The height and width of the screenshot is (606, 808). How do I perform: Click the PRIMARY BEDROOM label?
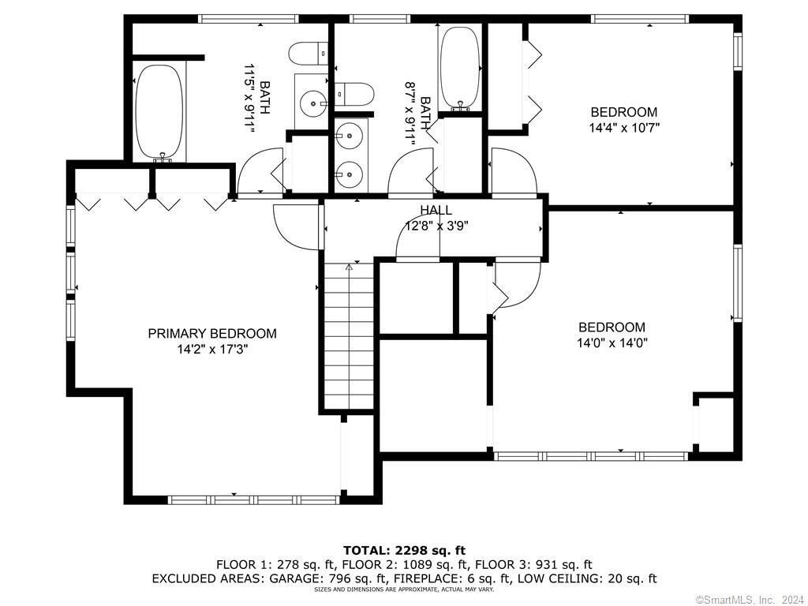pyautogui.click(x=212, y=334)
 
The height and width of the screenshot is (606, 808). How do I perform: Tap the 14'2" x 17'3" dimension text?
pyautogui.click(x=212, y=350)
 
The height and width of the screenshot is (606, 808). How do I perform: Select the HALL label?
pyautogui.click(x=436, y=210)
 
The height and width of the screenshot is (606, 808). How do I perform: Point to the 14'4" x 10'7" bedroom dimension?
pyautogui.click(x=624, y=127)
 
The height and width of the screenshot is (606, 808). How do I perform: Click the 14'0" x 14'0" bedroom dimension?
pyautogui.click(x=612, y=342)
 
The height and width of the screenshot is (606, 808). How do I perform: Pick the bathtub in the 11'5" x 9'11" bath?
pyautogui.click(x=159, y=112)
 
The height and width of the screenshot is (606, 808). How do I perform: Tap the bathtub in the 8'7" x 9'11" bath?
pyautogui.click(x=460, y=68)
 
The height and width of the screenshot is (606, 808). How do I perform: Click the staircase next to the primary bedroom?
pyautogui.click(x=349, y=335)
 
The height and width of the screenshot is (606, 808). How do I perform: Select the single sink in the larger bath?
pyautogui.click(x=312, y=103)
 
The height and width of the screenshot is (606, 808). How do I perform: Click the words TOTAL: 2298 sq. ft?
pyautogui.click(x=404, y=550)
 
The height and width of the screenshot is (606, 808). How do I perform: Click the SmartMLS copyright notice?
pyautogui.click(x=750, y=600)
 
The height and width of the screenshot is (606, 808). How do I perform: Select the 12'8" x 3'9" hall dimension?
pyautogui.click(x=436, y=226)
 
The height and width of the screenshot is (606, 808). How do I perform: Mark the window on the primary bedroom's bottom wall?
pyautogui.click(x=253, y=499)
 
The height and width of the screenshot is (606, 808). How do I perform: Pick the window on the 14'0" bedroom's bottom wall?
pyautogui.click(x=591, y=456)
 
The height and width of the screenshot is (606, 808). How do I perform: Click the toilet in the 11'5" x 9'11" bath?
pyautogui.click(x=309, y=54)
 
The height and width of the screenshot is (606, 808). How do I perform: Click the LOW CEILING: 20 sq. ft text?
pyautogui.click(x=587, y=578)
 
